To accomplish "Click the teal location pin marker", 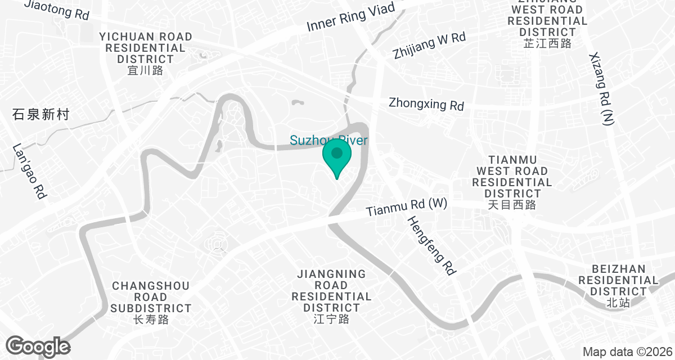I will tap(337, 157).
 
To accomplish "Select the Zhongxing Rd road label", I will tap(426, 104).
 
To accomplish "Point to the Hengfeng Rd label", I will tap(431, 246).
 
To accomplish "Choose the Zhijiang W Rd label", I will tap(430, 46).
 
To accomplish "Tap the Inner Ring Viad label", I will tap(352, 18).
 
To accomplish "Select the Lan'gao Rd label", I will tap(29, 172).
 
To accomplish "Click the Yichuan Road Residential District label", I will tap(146, 48).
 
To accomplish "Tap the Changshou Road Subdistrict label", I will tap(151, 296).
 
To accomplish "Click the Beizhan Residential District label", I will tap(618, 280).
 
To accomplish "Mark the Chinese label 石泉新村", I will tap(40, 115).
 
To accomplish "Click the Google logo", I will tap(38, 345).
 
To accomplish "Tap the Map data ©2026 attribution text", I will tap(627, 352).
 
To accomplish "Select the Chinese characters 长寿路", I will tap(151, 320).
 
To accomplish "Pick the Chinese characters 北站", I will tap(618, 303).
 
